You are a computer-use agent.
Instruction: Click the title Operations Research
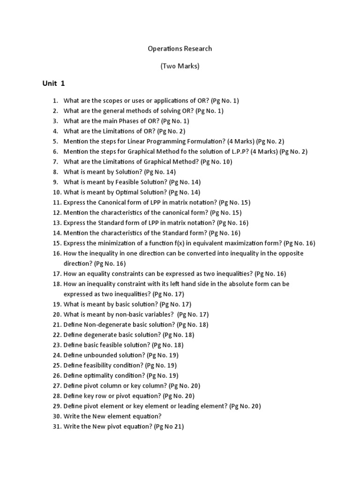(x=180, y=48)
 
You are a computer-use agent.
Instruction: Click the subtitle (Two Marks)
(x=180, y=66)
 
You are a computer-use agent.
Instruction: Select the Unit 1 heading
(x=54, y=83)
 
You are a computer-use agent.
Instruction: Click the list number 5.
(x=55, y=141)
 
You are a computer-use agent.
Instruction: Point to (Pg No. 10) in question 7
(x=216, y=162)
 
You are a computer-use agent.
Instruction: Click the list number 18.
(x=57, y=284)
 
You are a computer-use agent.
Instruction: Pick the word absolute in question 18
(x=245, y=284)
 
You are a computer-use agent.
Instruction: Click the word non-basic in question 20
(x=136, y=315)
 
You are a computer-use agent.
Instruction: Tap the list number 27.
(x=57, y=386)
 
